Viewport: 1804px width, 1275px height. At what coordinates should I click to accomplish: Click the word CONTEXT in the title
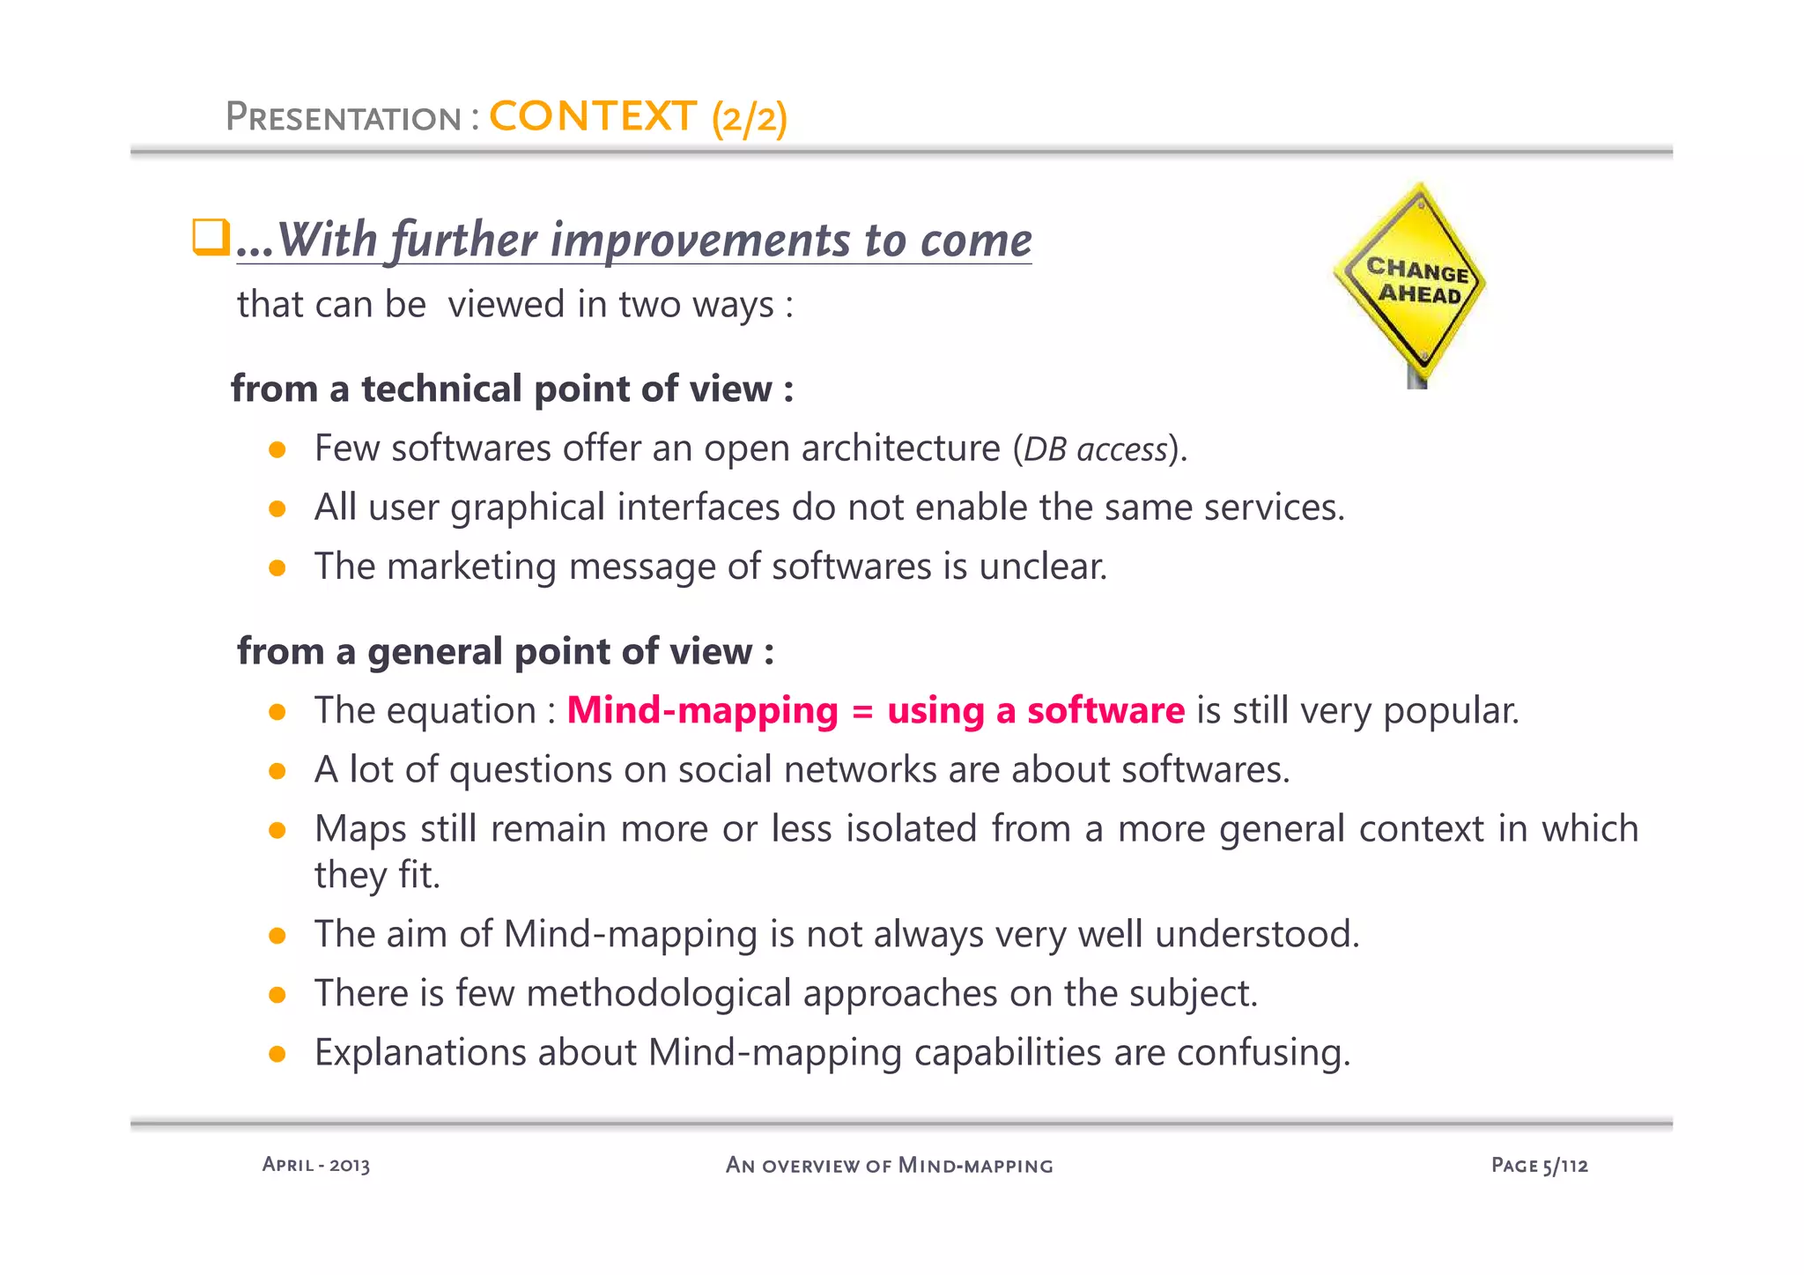[x=592, y=117]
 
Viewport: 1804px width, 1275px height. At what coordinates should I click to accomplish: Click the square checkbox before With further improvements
[x=211, y=238]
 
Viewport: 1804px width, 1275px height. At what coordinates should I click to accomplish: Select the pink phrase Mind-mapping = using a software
[x=876, y=711]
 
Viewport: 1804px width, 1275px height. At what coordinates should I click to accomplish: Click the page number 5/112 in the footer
[x=1564, y=1166]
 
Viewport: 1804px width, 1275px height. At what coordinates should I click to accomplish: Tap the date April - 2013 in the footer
[x=315, y=1165]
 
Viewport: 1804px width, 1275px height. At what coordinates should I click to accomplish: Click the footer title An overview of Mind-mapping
[x=889, y=1166]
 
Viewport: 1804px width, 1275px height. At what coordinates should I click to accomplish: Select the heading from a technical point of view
[x=512, y=389]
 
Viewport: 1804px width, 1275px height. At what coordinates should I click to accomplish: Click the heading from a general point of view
[x=505, y=651]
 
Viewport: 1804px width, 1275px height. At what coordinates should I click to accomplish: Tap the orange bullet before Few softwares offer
[x=277, y=450]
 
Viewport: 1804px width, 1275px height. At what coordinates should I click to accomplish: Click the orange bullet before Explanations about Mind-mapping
[x=277, y=1054]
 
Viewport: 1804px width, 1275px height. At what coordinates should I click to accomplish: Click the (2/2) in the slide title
[x=750, y=119]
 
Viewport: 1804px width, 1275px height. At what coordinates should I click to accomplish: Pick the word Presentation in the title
[x=343, y=118]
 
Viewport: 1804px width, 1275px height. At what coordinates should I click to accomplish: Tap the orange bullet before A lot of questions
[x=277, y=772]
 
